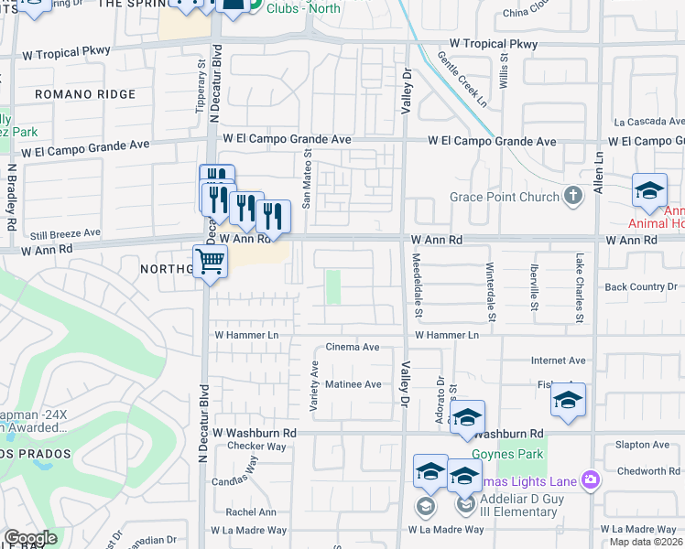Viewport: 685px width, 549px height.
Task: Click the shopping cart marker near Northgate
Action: [211, 262]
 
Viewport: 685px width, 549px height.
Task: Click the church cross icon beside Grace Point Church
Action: [573, 195]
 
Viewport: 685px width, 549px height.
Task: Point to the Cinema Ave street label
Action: [353, 348]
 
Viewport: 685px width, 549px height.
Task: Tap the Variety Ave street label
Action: [314, 385]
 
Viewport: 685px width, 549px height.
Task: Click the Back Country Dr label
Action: [641, 287]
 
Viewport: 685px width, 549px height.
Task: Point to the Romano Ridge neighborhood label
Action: [85, 94]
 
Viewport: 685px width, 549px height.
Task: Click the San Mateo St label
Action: [308, 179]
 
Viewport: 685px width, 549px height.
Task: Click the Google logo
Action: [30, 538]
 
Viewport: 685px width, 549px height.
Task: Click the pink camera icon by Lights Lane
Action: [591, 479]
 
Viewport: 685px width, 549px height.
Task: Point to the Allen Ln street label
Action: [599, 174]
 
